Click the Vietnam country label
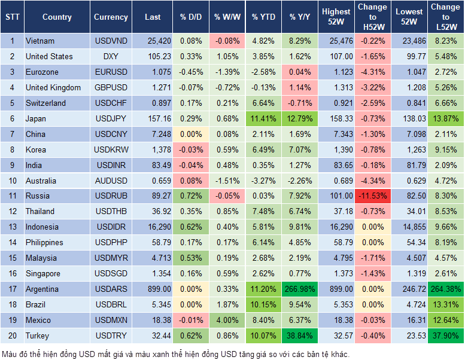40,41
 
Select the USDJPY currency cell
111,118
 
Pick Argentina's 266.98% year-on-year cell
300,289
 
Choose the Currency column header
111,17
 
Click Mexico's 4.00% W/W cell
226,321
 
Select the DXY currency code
111,56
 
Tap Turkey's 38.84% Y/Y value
300,336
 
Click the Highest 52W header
336,17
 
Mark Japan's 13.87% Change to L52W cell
446,118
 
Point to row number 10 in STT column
12,181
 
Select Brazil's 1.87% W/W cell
226,305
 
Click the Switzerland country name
46,103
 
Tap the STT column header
12,17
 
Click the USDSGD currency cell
111,274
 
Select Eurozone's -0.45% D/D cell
190,72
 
